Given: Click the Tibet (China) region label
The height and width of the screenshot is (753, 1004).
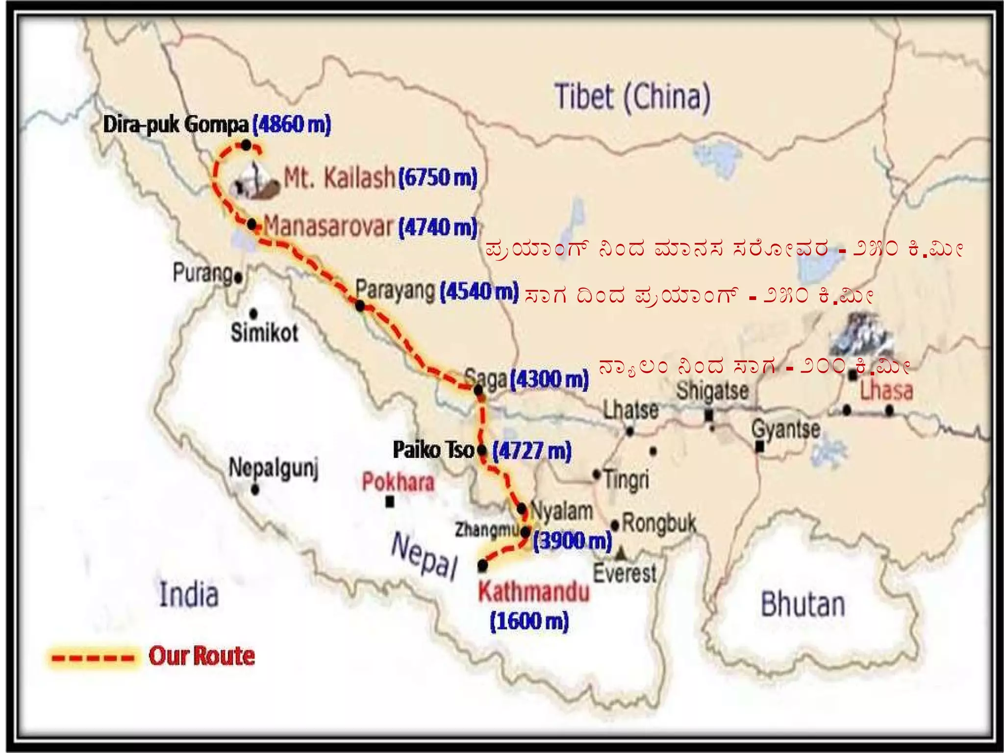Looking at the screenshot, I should click(632, 97).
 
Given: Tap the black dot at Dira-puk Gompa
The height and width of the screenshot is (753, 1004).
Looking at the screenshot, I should click(246, 145).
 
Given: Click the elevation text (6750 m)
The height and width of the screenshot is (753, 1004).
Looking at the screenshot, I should click(437, 177).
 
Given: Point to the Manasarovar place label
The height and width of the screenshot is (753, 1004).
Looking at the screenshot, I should click(328, 226).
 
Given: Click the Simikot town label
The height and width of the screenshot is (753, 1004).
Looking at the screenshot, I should click(264, 333).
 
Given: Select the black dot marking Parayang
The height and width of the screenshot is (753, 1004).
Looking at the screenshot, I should click(360, 306).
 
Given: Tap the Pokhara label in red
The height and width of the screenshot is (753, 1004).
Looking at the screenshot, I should click(398, 482).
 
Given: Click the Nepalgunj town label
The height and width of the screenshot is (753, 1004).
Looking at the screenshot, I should click(274, 468).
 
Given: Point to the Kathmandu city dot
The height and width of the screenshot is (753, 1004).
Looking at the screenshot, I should click(482, 566).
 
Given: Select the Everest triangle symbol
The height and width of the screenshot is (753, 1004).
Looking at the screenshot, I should click(621, 553).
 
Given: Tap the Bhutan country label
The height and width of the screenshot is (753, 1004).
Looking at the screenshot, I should click(803, 604).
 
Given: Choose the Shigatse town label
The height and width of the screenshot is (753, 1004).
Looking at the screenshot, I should click(712, 391).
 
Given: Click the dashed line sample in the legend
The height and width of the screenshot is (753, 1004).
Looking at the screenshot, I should click(93, 657).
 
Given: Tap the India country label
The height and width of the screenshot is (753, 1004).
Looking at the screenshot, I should click(189, 595).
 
